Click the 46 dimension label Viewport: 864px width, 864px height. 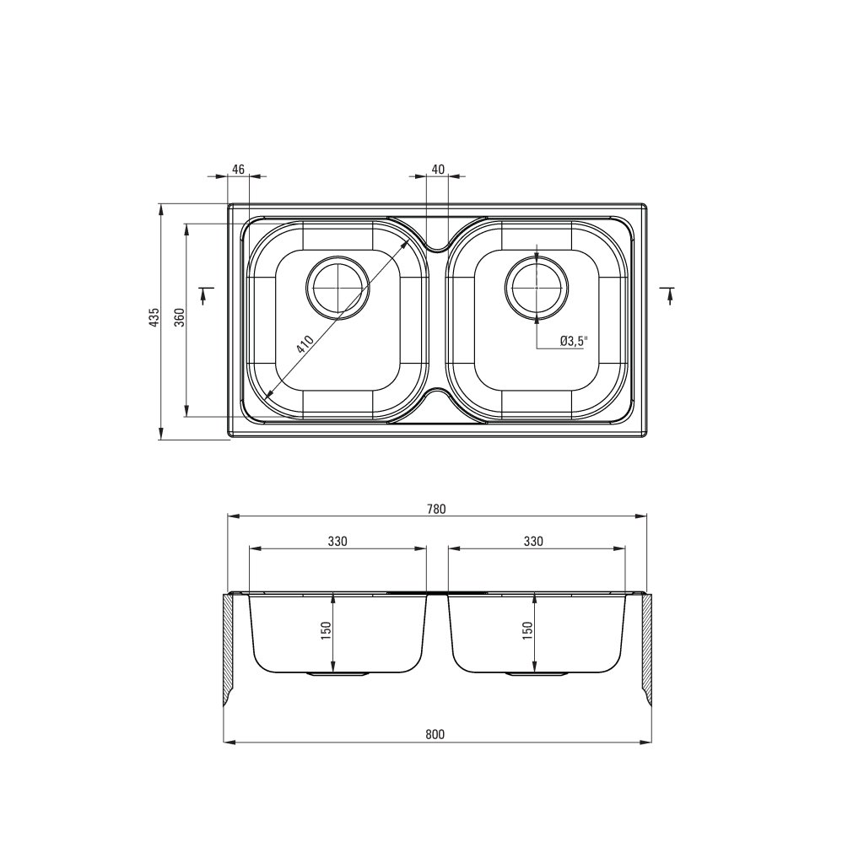(238, 170)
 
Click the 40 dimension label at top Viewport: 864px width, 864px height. (438, 170)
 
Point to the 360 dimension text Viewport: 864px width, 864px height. (179, 317)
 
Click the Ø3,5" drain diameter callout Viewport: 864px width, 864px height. (573, 341)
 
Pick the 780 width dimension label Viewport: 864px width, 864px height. (435, 509)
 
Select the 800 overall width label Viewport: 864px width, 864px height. (435, 735)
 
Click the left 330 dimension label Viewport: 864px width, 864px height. (337, 541)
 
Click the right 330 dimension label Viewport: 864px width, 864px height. (533, 541)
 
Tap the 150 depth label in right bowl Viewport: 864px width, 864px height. (526, 629)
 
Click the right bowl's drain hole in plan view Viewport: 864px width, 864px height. (536, 288)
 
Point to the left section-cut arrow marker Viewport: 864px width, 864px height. (203, 294)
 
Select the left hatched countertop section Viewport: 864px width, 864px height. (230, 645)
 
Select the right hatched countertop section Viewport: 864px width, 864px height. (647, 645)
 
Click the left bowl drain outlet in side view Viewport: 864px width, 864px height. (337, 673)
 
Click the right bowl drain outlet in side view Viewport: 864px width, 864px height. (536, 673)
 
